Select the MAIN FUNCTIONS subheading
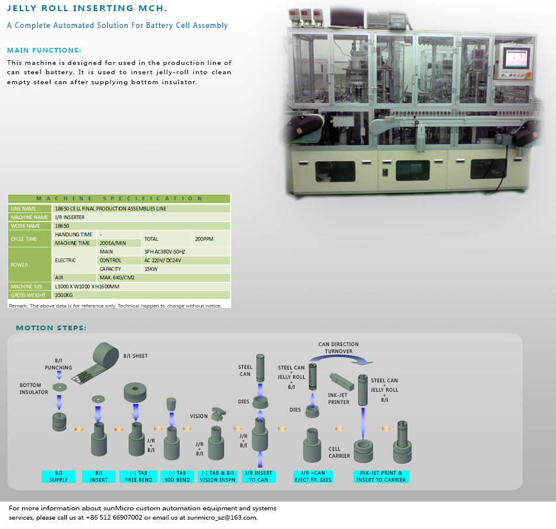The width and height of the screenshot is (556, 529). [44, 50]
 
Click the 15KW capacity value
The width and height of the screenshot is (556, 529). [150, 269]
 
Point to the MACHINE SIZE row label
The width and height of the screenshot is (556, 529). [26, 286]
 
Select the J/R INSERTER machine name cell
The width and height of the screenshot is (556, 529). [69, 217]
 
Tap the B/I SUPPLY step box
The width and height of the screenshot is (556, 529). [59, 476]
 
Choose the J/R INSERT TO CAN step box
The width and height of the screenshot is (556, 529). [258, 476]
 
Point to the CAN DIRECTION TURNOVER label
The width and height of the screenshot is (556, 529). [338, 348]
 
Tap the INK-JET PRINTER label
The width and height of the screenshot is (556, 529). [339, 399]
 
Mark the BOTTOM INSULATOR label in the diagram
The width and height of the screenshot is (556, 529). [34, 389]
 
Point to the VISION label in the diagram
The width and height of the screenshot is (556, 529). [198, 416]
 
